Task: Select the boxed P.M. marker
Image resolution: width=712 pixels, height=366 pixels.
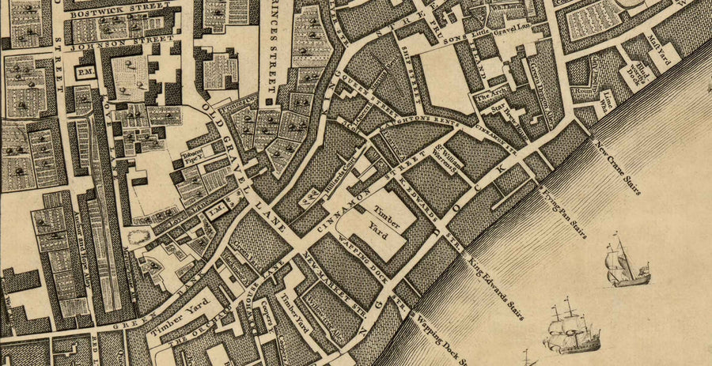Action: pos(85,72)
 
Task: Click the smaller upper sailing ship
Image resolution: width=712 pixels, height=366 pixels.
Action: pos(626,262)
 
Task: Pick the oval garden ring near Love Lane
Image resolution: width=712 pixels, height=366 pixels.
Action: pos(138,235)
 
